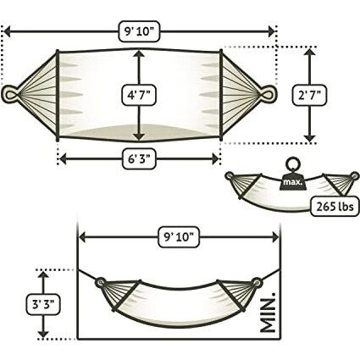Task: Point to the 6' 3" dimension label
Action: point(139,158)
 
